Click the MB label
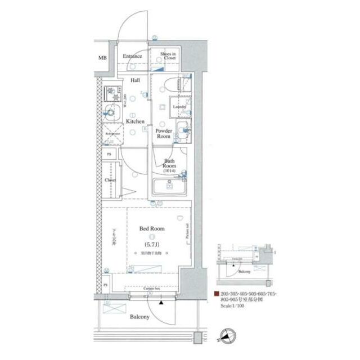tap(102, 58)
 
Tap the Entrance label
tap(133, 57)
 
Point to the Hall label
tap(136, 80)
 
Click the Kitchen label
tap(135, 121)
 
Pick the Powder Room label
tap(163, 133)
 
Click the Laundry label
tap(180, 106)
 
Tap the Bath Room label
tap(169, 163)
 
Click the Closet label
tap(110, 180)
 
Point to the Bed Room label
tap(151, 229)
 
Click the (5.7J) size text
tap(151, 245)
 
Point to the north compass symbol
tap(226, 336)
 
